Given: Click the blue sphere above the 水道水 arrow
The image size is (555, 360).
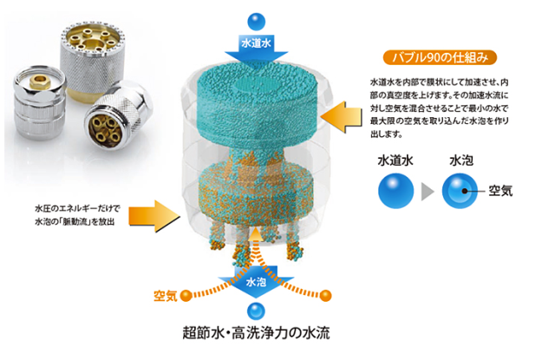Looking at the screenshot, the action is click(x=257, y=22).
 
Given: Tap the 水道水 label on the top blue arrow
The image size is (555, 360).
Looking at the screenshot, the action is click(x=257, y=43).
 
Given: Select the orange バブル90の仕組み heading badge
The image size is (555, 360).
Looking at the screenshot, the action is click(x=440, y=57).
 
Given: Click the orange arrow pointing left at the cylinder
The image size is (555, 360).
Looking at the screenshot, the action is click(x=341, y=117).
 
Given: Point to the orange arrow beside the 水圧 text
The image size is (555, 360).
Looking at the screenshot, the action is click(x=154, y=216).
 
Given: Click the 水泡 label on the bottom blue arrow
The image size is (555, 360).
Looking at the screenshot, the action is click(x=256, y=282).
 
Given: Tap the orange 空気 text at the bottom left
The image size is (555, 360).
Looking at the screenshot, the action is click(x=166, y=296).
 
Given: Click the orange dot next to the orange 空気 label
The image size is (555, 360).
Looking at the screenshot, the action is click(x=186, y=295).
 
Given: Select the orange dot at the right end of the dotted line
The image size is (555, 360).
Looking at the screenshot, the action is click(x=325, y=295).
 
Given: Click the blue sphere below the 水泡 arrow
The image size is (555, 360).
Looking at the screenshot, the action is click(x=257, y=311).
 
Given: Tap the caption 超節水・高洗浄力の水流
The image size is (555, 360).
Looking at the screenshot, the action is click(x=257, y=333).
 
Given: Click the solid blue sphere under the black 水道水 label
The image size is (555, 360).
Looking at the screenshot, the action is click(x=395, y=191).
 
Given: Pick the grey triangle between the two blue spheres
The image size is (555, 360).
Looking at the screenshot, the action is click(x=428, y=192).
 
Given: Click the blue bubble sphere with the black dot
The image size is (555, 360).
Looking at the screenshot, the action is click(x=460, y=191).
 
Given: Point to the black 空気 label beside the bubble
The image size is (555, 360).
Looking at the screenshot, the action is click(x=500, y=191).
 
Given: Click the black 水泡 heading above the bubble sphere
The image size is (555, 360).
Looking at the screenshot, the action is click(x=461, y=160).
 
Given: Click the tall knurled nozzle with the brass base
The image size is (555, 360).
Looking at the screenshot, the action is click(x=93, y=60).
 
